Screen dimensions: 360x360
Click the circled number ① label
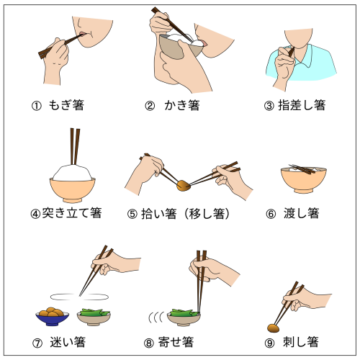[x=37, y=106]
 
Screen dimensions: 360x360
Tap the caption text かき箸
[x=182, y=105]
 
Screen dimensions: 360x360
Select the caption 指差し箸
[x=302, y=105]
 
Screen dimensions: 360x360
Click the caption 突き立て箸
[x=72, y=212]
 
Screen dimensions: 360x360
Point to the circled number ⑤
[x=132, y=214]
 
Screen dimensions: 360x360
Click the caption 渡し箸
[x=302, y=213]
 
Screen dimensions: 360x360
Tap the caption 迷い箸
[x=68, y=342]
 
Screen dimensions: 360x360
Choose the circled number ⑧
[x=149, y=343]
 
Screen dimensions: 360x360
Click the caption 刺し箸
[x=301, y=342]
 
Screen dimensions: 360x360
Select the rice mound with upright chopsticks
[x=73, y=172]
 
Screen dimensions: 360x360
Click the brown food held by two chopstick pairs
[x=184, y=186]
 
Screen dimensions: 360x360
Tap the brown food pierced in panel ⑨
[x=274, y=328]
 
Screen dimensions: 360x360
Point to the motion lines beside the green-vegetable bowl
[x=156, y=318]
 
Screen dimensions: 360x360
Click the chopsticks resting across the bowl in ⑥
[x=302, y=169]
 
